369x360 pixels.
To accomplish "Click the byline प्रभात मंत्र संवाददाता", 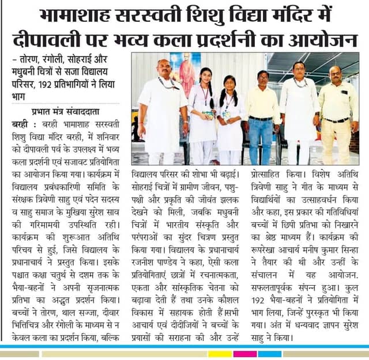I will coord(63,112).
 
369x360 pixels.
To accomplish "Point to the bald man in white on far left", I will coord(164,109).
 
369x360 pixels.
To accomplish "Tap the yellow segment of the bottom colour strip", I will coord(220,352).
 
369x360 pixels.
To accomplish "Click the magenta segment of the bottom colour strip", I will coord(245,352).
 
